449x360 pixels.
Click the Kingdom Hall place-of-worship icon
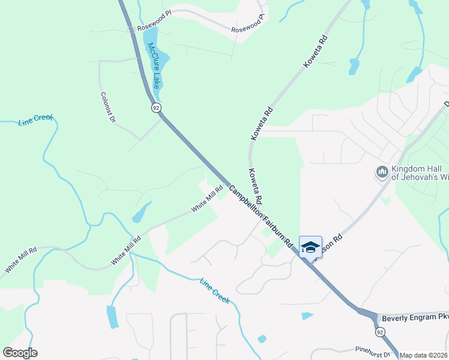tap(382, 173)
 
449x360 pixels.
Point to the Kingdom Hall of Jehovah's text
tap(420, 173)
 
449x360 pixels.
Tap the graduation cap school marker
tap(310, 247)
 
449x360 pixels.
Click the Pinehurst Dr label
tap(373, 350)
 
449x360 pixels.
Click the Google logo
tap(20, 353)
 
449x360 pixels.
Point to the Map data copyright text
tap(424, 355)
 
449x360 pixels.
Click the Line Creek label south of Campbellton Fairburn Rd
tap(214, 290)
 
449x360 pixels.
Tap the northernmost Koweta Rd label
tap(316, 51)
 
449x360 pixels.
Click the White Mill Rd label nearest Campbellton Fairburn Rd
tap(207, 199)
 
